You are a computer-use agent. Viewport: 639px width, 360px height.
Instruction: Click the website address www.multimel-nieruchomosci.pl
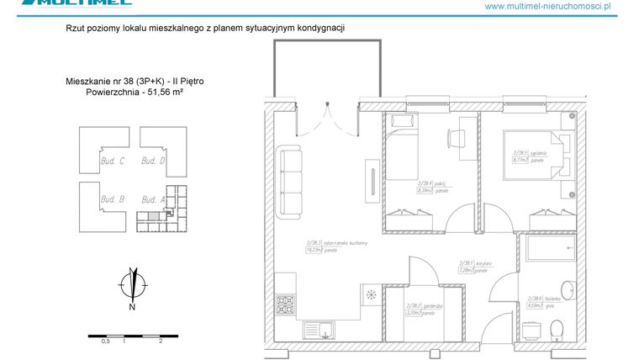click(x=559, y=6)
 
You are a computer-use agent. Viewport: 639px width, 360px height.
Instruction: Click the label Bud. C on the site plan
click(x=112, y=161)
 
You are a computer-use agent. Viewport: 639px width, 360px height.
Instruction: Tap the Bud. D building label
click(x=152, y=161)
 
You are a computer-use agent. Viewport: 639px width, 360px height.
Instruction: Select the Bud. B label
click(x=112, y=199)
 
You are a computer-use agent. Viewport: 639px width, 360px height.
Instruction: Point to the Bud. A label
click(x=152, y=199)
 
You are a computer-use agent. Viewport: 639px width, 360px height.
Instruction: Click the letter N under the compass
click(x=132, y=307)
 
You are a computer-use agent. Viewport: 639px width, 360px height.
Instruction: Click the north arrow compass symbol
click(x=132, y=281)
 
